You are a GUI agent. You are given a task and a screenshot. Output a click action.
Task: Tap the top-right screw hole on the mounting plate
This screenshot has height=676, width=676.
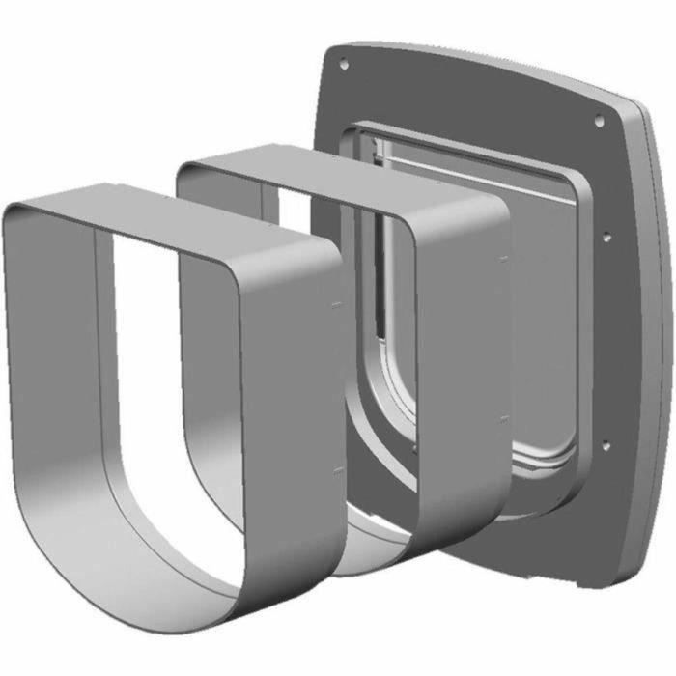[599, 121]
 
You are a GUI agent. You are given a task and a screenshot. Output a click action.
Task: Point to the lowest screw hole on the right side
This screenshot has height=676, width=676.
[606, 445]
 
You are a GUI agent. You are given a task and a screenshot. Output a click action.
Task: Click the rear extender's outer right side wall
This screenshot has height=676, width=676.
[464, 386]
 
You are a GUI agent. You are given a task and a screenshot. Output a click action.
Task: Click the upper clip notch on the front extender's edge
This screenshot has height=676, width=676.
[335, 304]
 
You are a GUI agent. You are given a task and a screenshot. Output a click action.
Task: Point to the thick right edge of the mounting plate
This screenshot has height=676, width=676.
[657, 338]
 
